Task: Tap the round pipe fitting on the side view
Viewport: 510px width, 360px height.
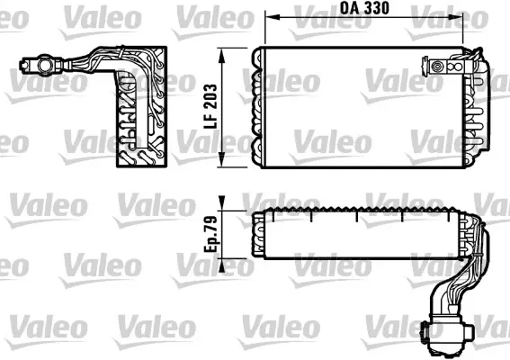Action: [x=40, y=65]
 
